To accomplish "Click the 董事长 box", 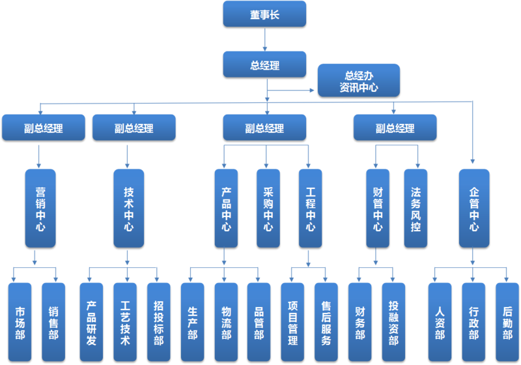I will pyautogui.click(x=264, y=14).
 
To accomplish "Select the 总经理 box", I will pyautogui.click(x=264, y=64).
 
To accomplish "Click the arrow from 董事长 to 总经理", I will pyautogui.click(x=264, y=38).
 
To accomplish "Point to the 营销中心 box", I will pyautogui.click(x=40, y=207).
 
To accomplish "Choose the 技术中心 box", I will pyautogui.click(x=128, y=207).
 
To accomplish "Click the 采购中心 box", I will pyautogui.click(x=268, y=207).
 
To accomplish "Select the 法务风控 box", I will pyautogui.click(x=415, y=207).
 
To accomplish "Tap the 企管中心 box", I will pyautogui.click(x=473, y=207).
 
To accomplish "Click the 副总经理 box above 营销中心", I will pyautogui.click(x=43, y=127).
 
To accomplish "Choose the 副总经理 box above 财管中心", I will pyautogui.click(x=395, y=127).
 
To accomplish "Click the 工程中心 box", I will pyautogui.click(x=310, y=207).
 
